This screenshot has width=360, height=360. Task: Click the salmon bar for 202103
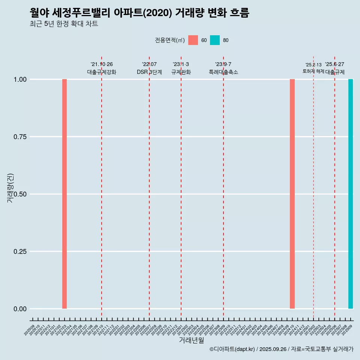coord(64,194)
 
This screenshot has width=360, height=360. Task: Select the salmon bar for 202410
coord(292,194)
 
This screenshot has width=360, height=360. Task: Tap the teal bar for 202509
coord(351,194)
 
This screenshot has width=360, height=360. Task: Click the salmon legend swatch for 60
coord(193,40)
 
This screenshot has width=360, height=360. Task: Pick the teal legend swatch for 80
coord(215,40)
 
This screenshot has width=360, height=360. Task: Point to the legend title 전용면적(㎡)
coord(170,40)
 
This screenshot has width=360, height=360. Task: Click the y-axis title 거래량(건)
coord(10,187)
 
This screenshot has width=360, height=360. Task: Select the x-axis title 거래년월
coord(192,340)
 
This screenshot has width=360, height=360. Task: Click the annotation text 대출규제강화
coord(102,72)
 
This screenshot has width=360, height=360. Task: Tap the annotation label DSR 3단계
coord(149,72)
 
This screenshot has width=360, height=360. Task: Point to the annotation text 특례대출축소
coord(223,72)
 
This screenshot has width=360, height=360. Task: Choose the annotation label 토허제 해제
coord(313,71)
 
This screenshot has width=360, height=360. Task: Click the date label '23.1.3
coord(181,64)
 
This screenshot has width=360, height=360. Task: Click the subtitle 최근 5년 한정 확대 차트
coord(64,24)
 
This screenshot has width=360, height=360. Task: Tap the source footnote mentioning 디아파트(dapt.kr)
coord(281,349)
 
